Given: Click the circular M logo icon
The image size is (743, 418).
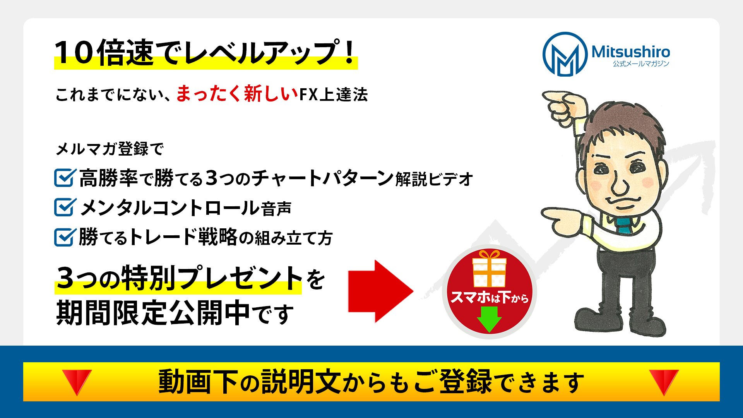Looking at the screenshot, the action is coord(565,54).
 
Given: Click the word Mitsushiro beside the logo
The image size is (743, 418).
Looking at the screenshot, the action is coord(631,51).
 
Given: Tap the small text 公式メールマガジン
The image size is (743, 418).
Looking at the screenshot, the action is coord(641,63).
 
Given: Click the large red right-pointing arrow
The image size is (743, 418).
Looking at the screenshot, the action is coord(381,291).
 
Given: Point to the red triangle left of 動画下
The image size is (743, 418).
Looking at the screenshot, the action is coord(77,382).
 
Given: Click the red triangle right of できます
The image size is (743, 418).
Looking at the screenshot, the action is coord(664,382).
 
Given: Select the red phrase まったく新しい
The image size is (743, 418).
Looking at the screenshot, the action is coord(237,94).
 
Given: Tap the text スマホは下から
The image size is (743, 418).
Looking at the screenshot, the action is coord(490,297).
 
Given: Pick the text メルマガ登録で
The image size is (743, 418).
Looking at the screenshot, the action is coord(110,149).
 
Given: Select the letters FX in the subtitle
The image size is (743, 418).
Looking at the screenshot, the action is coord(309,94).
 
